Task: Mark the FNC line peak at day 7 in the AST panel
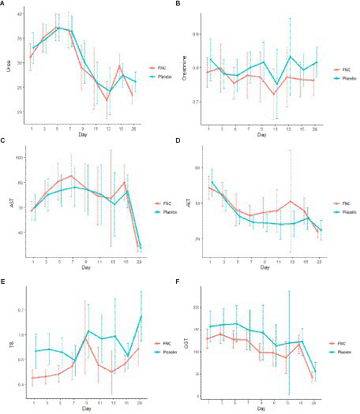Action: (x=71, y=175)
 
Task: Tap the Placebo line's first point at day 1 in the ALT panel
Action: (x=212, y=181)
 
